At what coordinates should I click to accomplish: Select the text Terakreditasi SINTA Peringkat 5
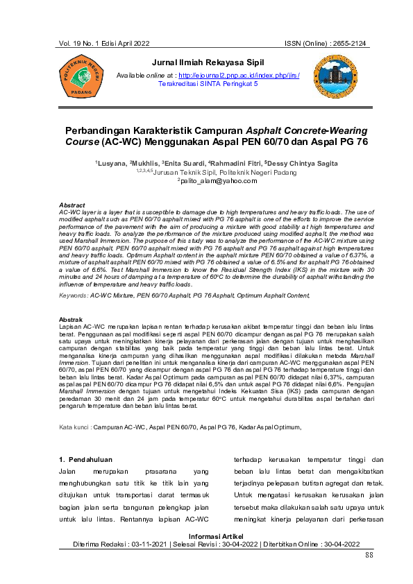tap(208, 83)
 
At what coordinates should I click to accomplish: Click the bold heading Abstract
tap(72, 206)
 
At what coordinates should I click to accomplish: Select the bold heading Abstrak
tap(71, 318)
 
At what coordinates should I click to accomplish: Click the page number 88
tap(369, 556)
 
